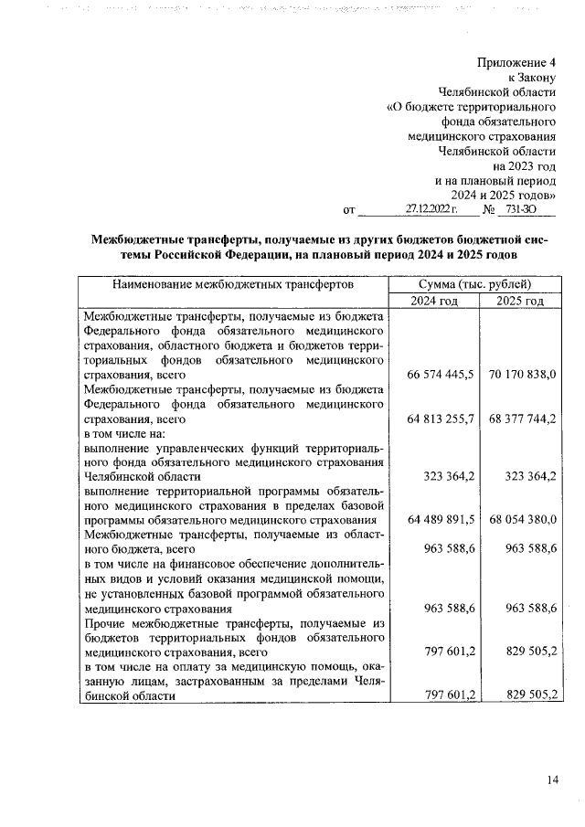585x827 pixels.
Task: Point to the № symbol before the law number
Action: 489,209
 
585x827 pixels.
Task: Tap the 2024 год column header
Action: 433,302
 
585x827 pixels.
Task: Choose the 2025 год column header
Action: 520,302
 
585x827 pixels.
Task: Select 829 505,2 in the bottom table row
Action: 531,695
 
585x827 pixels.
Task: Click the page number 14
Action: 552,779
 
